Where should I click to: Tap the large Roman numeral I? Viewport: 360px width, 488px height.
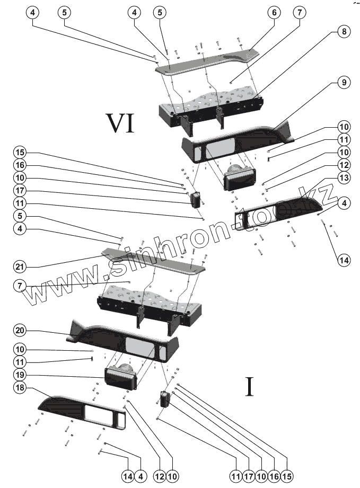point(250,387)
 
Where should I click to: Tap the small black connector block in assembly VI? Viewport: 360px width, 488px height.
point(196,199)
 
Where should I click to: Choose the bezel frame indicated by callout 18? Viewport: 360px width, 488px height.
point(85,412)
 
